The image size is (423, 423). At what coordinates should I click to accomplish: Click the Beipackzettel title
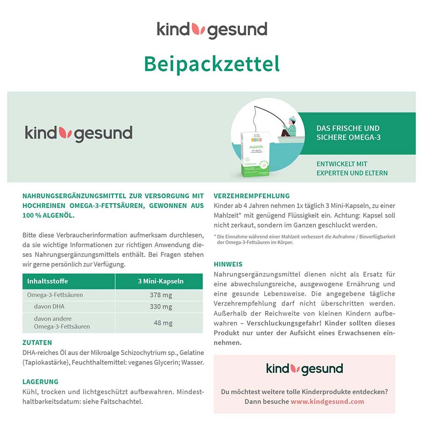(x=211, y=64)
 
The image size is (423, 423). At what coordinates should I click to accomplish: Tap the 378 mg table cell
(x=161, y=295)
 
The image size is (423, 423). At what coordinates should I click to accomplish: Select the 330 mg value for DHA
(x=161, y=307)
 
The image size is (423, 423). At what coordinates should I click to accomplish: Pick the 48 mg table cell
(x=163, y=323)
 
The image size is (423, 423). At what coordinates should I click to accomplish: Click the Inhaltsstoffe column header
(x=47, y=281)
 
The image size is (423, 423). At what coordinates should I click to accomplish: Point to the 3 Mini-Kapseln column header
(x=161, y=281)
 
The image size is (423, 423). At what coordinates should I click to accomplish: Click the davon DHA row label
(x=49, y=307)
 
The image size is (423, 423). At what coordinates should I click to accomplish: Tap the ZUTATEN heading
(x=37, y=343)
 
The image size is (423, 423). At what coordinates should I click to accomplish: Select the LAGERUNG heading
(x=40, y=382)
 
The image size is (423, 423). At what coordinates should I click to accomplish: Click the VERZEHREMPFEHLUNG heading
(x=252, y=196)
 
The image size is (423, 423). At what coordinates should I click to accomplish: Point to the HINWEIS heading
(x=228, y=264)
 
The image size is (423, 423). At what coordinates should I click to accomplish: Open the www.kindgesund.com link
(x=327, y=401)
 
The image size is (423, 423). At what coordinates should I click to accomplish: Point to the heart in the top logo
(x=198, y=29)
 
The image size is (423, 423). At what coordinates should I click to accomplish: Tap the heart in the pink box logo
(x=295, y=368)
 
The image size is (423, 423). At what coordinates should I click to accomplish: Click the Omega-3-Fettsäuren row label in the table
(x=55, y=295)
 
